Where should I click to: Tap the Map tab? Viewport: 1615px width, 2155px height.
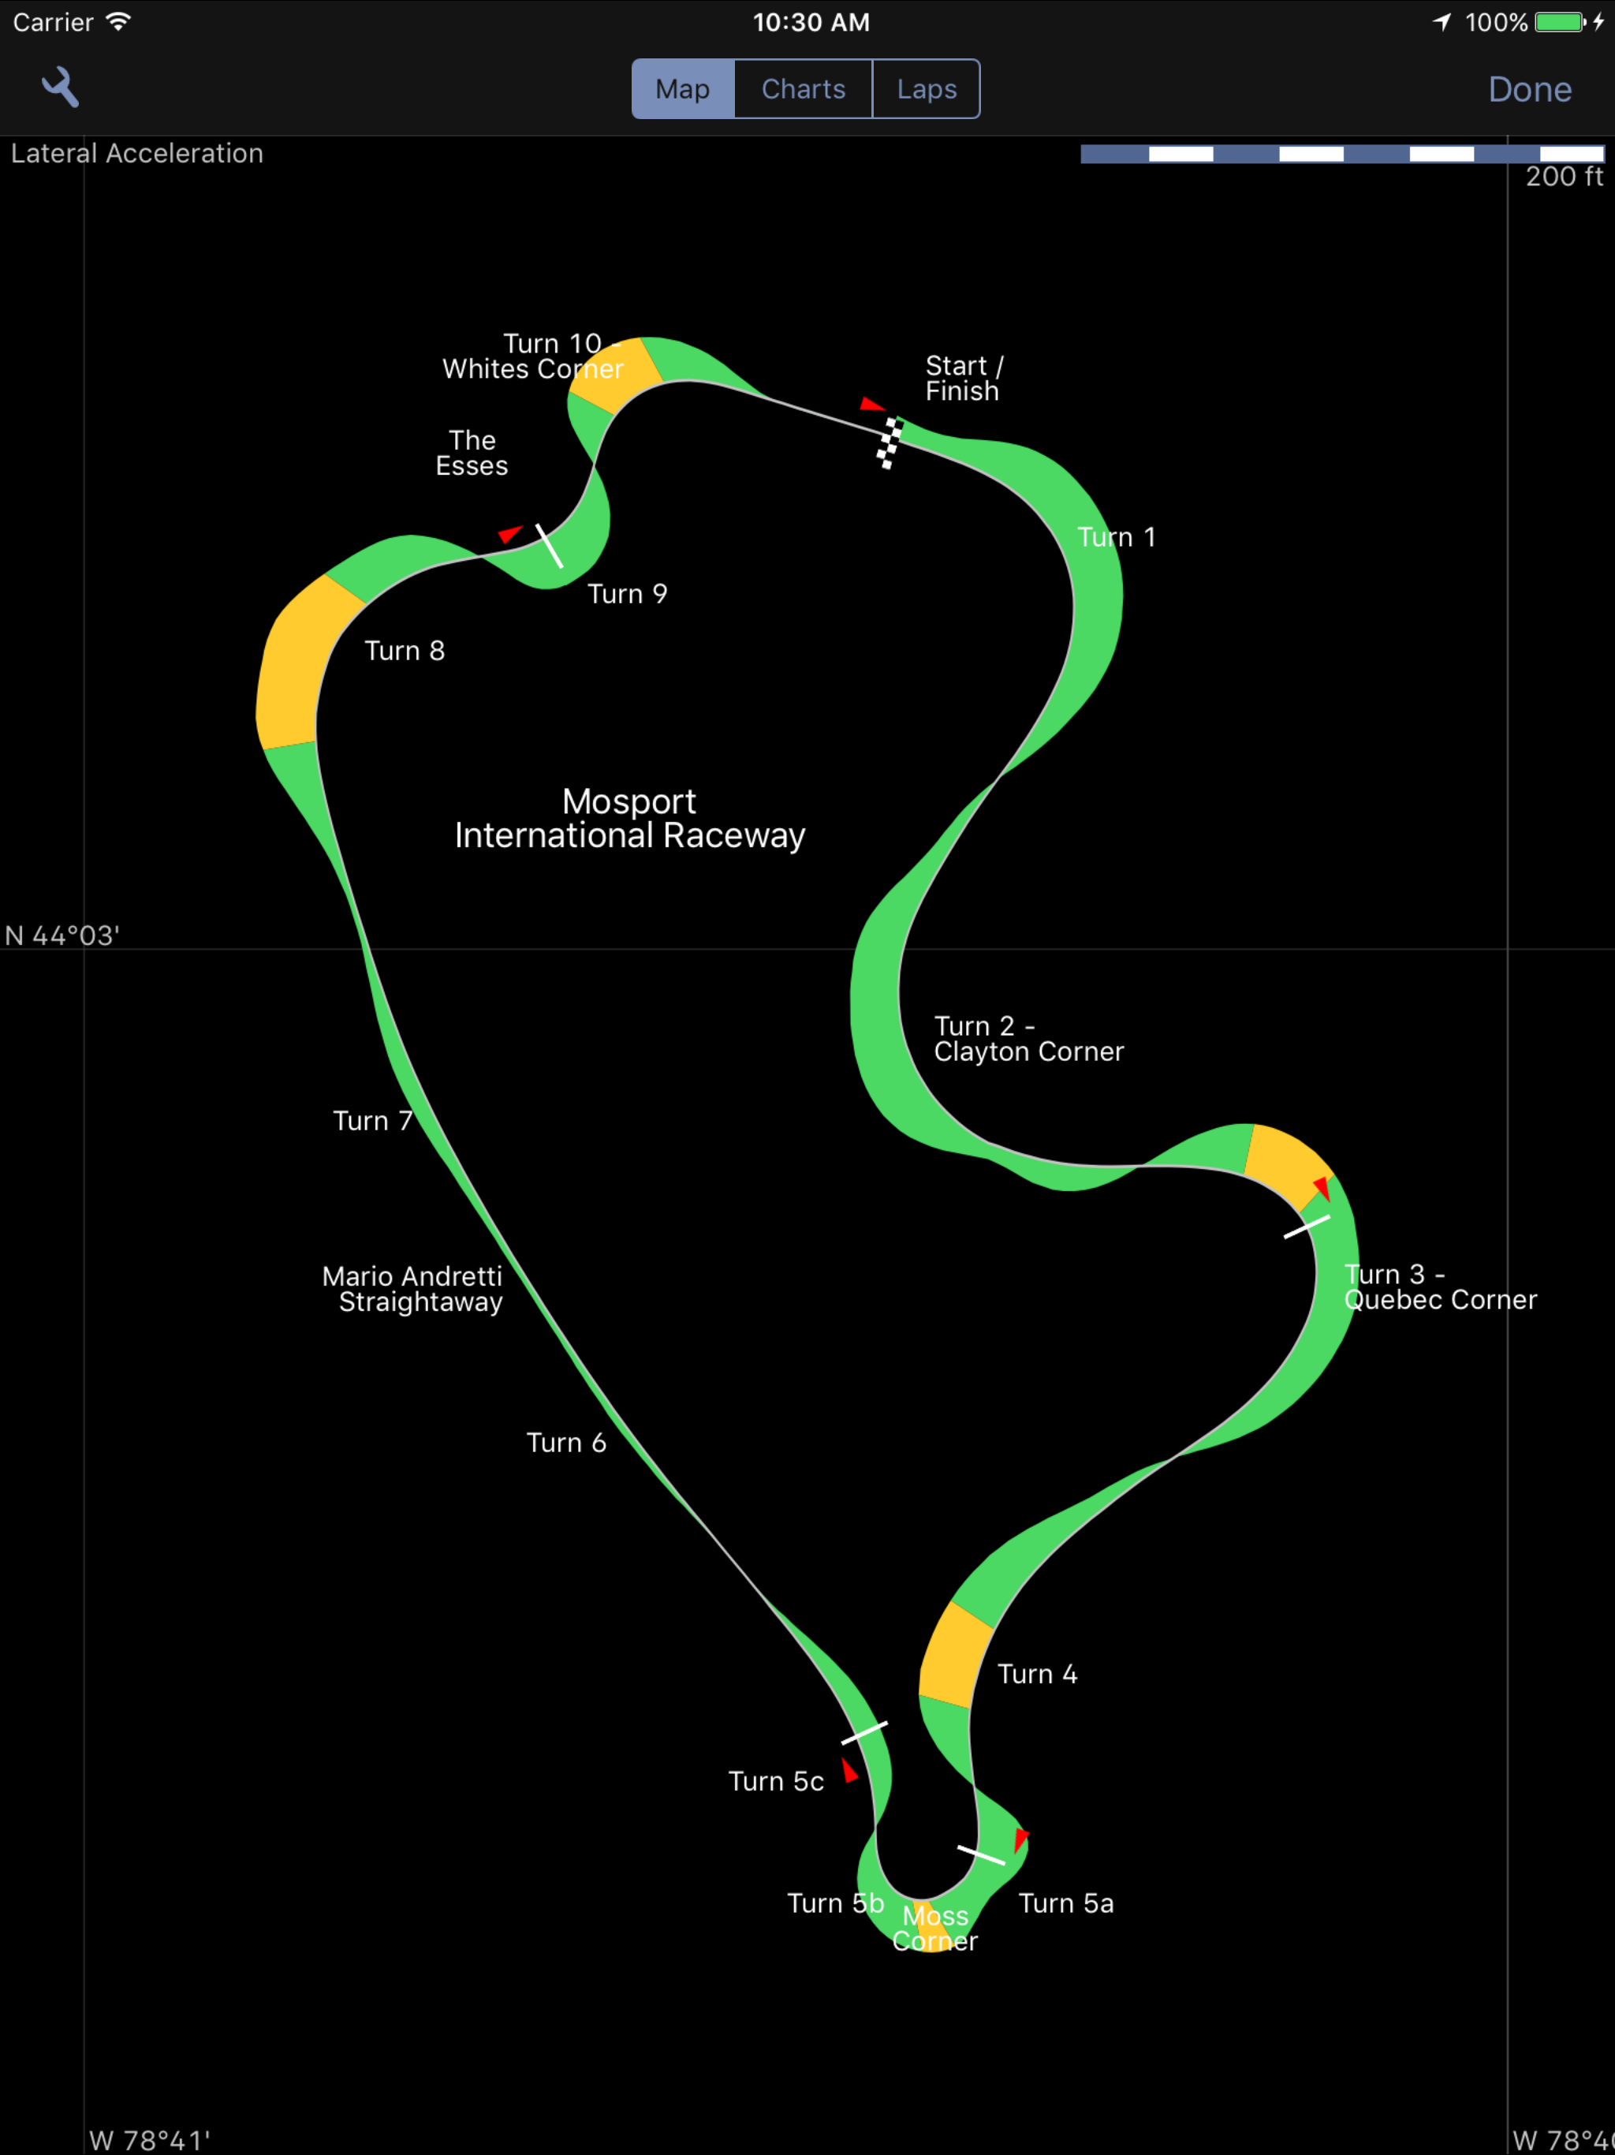pyautogui.click(x=683, y=88)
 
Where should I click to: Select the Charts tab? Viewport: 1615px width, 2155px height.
pyautogui.click(x=804, y=88)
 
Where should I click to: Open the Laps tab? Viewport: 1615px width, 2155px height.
pyautogui.click(x=927, y=88)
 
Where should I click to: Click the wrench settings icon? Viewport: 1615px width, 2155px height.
pyautogui.click(x=61, y=88)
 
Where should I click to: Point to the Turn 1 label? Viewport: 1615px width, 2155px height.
pyautogui.click(x=1117, y=537)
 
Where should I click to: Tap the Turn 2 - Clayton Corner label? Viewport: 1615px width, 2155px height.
pyautogui.click(x=1028, y=1039)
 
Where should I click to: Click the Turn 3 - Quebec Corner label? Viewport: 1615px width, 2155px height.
pyautogui.click(x=1441, y=1287)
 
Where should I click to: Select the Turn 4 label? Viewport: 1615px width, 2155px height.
pyautogui.click(x=1038, y=1674)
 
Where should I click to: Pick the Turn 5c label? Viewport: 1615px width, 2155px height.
pyautogui.click(x=776, y=1781)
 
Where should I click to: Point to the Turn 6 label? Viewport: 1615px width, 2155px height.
pyautogui.click(x=566, y=1443)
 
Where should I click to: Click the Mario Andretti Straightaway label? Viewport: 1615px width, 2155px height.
pyautogui.click(x=412, y=1289)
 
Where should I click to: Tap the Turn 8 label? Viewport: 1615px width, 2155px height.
pyautogui.click(x=405, y=651)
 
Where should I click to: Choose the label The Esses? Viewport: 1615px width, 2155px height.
pyautogui.click(x=472, y=453)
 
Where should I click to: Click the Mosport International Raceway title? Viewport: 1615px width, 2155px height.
pyautogui.click(x=629, y=818)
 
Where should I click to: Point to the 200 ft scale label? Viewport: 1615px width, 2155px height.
pyautogui.click(x=1564, y=177)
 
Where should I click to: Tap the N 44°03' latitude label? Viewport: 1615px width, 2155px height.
pyautogui.click(x=62, y=936)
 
